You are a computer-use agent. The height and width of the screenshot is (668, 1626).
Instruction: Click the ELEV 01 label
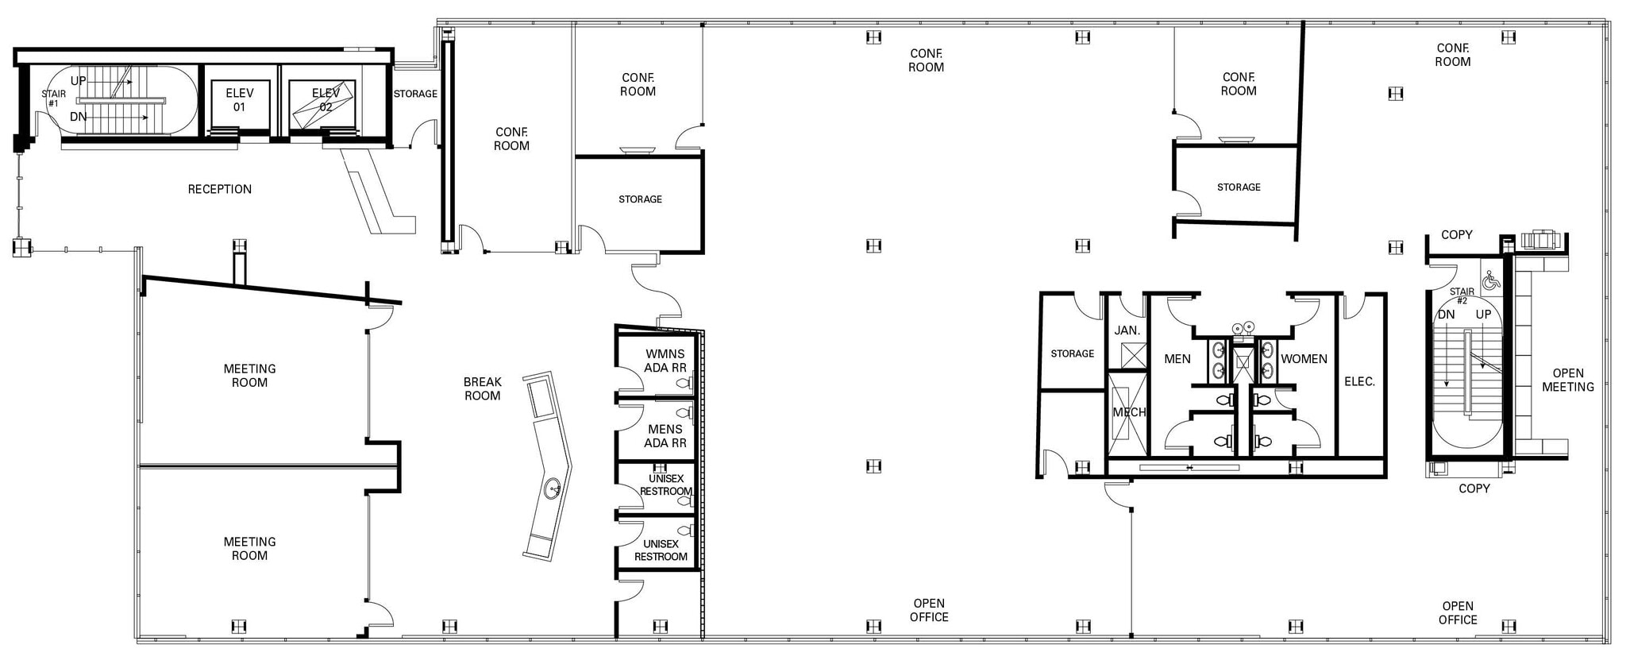tap(239, 100)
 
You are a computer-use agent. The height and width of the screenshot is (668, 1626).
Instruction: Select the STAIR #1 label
tap(54, 98)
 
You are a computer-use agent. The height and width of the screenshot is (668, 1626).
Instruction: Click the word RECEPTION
tap(220, 189)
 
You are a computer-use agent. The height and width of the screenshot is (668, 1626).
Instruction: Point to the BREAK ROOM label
tap(482, 389)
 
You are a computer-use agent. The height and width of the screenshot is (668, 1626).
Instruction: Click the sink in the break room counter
tap(553, 488)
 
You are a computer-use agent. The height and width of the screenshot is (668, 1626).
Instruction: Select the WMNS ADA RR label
tap(665, 361)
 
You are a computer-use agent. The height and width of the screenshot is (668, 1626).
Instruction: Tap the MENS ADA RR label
tap(665, 436)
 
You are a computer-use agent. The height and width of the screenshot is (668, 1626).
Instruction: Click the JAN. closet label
tap(1127, 330)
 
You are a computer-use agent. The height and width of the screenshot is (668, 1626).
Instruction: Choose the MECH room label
tap(1128, 412)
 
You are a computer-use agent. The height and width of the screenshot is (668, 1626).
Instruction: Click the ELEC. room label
tap(1359, 382)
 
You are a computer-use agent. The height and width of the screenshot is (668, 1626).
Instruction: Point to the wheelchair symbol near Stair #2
tap(1491, 280)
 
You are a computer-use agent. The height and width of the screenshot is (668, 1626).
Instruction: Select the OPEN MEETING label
tap(1567, 380)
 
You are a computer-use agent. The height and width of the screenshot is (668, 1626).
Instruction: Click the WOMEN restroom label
tap(1304, 359)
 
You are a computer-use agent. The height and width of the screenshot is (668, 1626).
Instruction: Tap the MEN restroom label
tap(1177, 359)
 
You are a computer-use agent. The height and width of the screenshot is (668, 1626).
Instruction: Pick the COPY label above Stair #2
tap(1456, 235)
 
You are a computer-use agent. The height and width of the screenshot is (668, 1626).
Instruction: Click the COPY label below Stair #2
tap(1474, 488)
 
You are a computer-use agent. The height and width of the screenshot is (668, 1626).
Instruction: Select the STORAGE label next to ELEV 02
tap(415, 94)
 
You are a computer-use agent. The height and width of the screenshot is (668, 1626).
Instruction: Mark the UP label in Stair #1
tap(79, 81)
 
